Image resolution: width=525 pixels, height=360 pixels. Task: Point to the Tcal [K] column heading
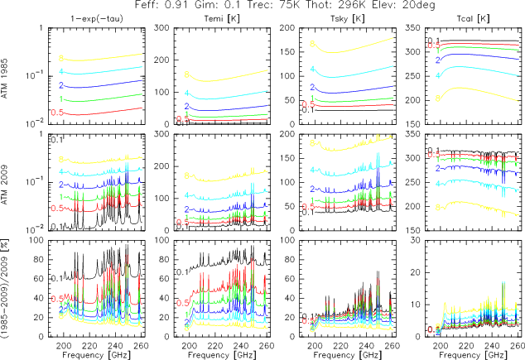pyautogui.click(x=453, y=17)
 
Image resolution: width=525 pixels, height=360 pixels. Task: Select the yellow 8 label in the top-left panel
pyautogui.click(x=61, y=58)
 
